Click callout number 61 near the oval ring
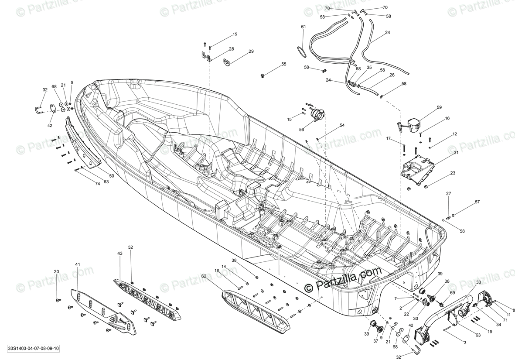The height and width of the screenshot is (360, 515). [304, 27]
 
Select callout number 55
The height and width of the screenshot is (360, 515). [283, 64]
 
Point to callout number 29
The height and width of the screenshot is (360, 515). [251, 51]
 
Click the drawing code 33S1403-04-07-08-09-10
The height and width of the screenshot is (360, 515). [34, 349]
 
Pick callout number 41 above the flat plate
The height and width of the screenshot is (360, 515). [78, 265]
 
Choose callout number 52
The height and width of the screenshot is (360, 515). [130, 247]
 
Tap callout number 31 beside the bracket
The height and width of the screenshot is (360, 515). [456, 153]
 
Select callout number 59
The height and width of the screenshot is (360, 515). [440, 107]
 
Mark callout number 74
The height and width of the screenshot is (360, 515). [98, 184]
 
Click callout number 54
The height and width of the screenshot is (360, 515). [342, 125]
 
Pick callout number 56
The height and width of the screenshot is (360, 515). [301, 130]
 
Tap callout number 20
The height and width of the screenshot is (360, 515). [56, 272]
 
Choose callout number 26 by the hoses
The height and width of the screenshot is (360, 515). [392, 75]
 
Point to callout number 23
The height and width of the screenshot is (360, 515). [453, 173]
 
